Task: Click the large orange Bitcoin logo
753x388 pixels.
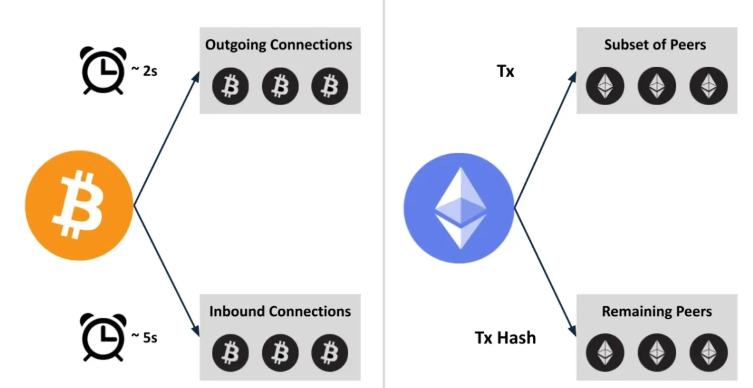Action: [x=79, y=205]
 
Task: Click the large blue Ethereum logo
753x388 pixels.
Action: [x=459, y=208]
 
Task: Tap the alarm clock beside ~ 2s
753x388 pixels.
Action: [x=103, y=70]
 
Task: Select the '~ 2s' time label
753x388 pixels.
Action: [x=144, y=71]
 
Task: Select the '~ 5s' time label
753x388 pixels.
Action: [x=144, y=337]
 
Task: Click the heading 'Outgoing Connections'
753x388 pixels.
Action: [x=279, y=45]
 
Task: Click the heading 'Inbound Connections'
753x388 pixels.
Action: [x=280, y=311]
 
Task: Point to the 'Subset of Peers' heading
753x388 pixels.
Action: [x=655, y=45]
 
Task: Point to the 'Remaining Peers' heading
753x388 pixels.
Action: [x=657, y=311]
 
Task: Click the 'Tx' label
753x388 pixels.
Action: [x=506, y=71]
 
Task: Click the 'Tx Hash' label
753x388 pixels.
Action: [x=505, y=338]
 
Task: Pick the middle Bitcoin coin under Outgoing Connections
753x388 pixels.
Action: [x=280, y=86]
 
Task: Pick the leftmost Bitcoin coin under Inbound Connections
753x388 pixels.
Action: [x=230, y=353]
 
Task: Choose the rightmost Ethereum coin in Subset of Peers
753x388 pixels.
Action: [x=708, y=86]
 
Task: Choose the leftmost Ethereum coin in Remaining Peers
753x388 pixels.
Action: [x=605, y=353]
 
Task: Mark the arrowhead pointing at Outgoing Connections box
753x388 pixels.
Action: [x=196, y=77]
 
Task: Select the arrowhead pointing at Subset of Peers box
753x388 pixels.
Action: [x=572, y=77]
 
